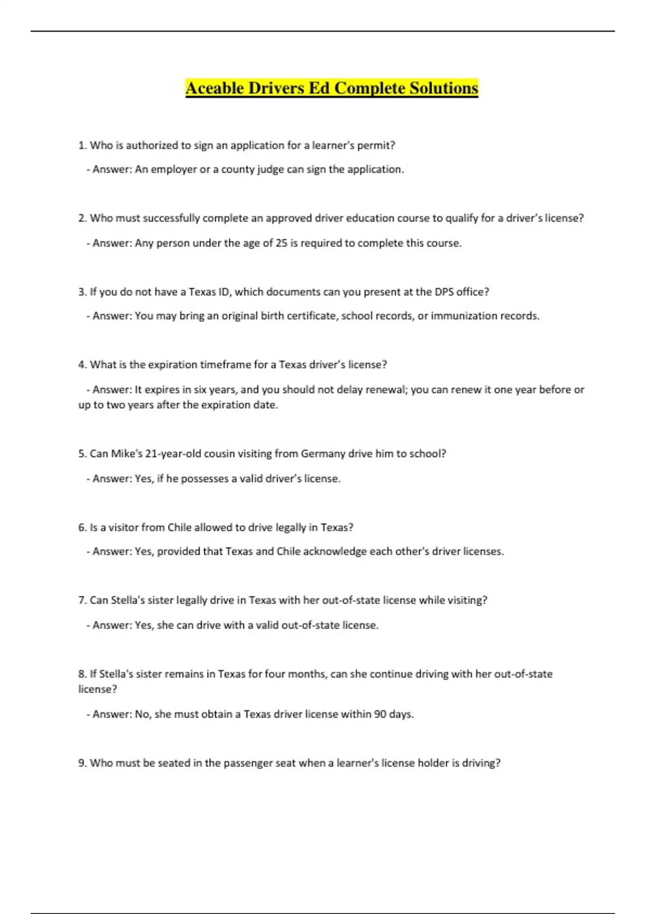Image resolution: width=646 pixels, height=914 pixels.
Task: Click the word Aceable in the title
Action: [215, 88]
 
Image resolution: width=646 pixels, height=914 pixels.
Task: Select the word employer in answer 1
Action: [174, 169]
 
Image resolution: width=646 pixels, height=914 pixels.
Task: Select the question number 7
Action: [82, 600]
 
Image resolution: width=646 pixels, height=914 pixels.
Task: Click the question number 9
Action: [82, 763]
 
